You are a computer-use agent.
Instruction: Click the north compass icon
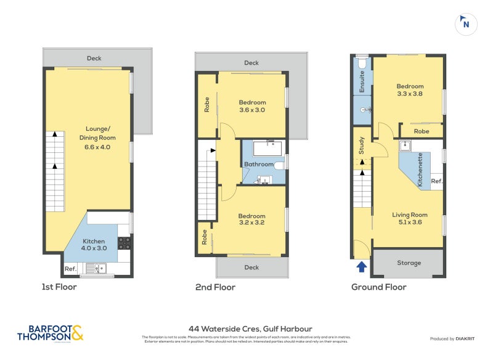tap(466, 23)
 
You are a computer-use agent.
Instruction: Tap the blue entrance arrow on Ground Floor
tap(361, 267)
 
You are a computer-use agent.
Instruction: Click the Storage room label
tap(409, 263)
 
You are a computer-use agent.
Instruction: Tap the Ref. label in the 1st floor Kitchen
tap(70, 268)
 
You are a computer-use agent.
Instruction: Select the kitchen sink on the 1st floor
tap(97, 268)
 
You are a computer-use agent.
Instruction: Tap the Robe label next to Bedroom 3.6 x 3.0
tap(206, 105)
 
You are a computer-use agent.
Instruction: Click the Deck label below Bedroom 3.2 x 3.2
tap(251, 268)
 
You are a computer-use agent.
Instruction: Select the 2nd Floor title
tap(216, 287)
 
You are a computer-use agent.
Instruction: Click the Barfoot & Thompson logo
tap(50, 333)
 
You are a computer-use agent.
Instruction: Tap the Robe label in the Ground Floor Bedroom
tap(422, 131)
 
